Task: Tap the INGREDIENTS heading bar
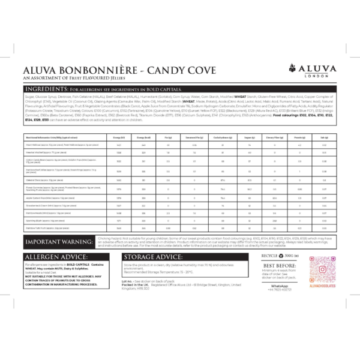tap(179, 89)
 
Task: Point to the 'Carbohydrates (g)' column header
tap(223, 137)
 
